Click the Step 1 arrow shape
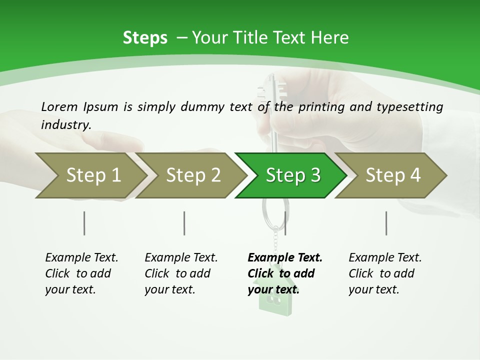coord(92,175)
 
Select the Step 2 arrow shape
coord(192,175)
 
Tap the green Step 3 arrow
coord(292,175)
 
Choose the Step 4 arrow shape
coord(392,175)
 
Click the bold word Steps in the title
coord(145,38)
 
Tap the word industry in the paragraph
coord(66,124)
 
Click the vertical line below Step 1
coord(84,223)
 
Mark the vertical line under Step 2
coord(184,223)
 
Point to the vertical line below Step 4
coord(386,223)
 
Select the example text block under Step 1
coord(81,273)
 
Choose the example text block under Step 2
coord(181,273)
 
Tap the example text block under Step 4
coord(384,273)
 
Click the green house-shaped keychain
coord(273,300)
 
